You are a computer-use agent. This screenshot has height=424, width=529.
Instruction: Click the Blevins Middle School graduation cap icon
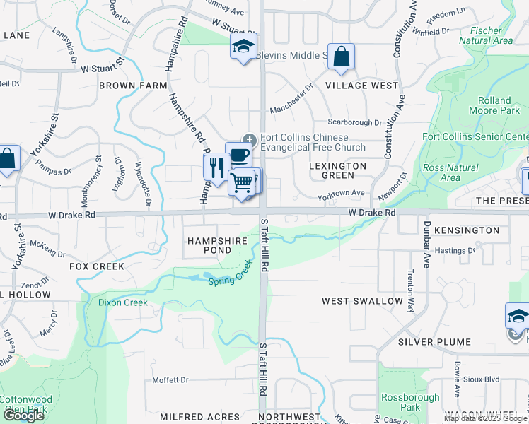[243, 47]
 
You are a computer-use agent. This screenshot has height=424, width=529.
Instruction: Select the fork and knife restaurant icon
[216, 167]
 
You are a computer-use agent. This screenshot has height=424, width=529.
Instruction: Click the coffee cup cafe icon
[239, 155]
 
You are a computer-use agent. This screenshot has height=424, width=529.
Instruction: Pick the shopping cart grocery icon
[242, 183]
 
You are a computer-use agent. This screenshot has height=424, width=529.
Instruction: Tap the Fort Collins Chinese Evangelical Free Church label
[313, 142]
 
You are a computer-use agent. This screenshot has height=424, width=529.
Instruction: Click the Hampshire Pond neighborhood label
[219, 245]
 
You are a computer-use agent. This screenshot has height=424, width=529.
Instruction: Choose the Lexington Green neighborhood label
[338, 170]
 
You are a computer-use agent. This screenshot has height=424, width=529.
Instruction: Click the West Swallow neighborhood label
[362, 301]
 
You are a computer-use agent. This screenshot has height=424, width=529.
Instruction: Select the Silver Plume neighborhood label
[434, 342]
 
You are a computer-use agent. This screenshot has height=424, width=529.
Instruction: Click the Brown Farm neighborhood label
[132, 86]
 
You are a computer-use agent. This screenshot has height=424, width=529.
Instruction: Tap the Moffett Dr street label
[170, 380]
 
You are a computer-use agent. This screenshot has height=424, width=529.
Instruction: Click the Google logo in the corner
[23, 416]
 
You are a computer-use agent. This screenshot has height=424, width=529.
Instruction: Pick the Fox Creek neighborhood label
[97, 266]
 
